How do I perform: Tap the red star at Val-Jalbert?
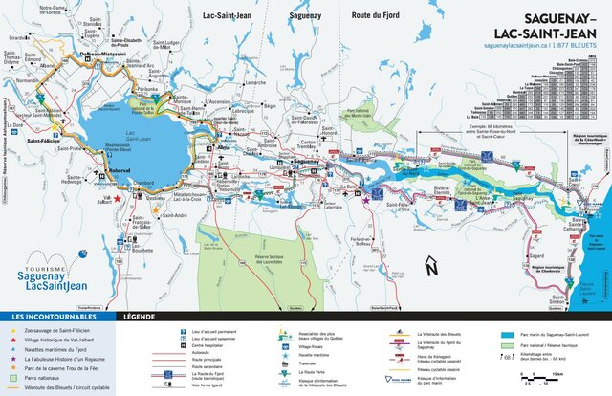pos(118,198)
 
